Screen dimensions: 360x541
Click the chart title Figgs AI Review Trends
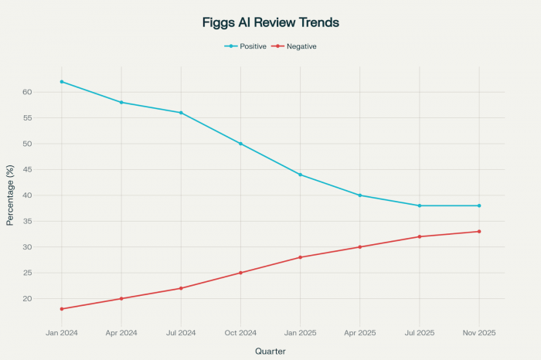[x=270, y=22]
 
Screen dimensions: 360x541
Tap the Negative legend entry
[x=301, y=46]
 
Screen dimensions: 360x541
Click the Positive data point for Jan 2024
[x=62, y=82]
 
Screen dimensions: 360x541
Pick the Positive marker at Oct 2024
[x=240, y=144]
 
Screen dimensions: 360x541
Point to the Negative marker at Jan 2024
[x=62, y=309]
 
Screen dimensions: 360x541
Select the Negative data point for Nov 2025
[x=479, y=232]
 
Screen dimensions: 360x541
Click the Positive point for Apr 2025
[x=360, y=195]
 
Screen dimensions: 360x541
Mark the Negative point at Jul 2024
[x=181, y=288]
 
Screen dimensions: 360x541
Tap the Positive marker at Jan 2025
[x=301, y=175]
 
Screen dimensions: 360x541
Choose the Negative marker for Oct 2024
[x=240, y=273]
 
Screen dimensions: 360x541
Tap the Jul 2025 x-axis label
[x=420, y=331]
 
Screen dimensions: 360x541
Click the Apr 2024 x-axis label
[x=121, y=331]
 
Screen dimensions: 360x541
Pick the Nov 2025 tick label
[x=479, y=331]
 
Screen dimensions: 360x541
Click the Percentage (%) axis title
[x=10, y=195]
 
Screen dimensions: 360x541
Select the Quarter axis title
[x=270, y=351]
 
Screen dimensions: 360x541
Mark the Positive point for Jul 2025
[x=420, y=205]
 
